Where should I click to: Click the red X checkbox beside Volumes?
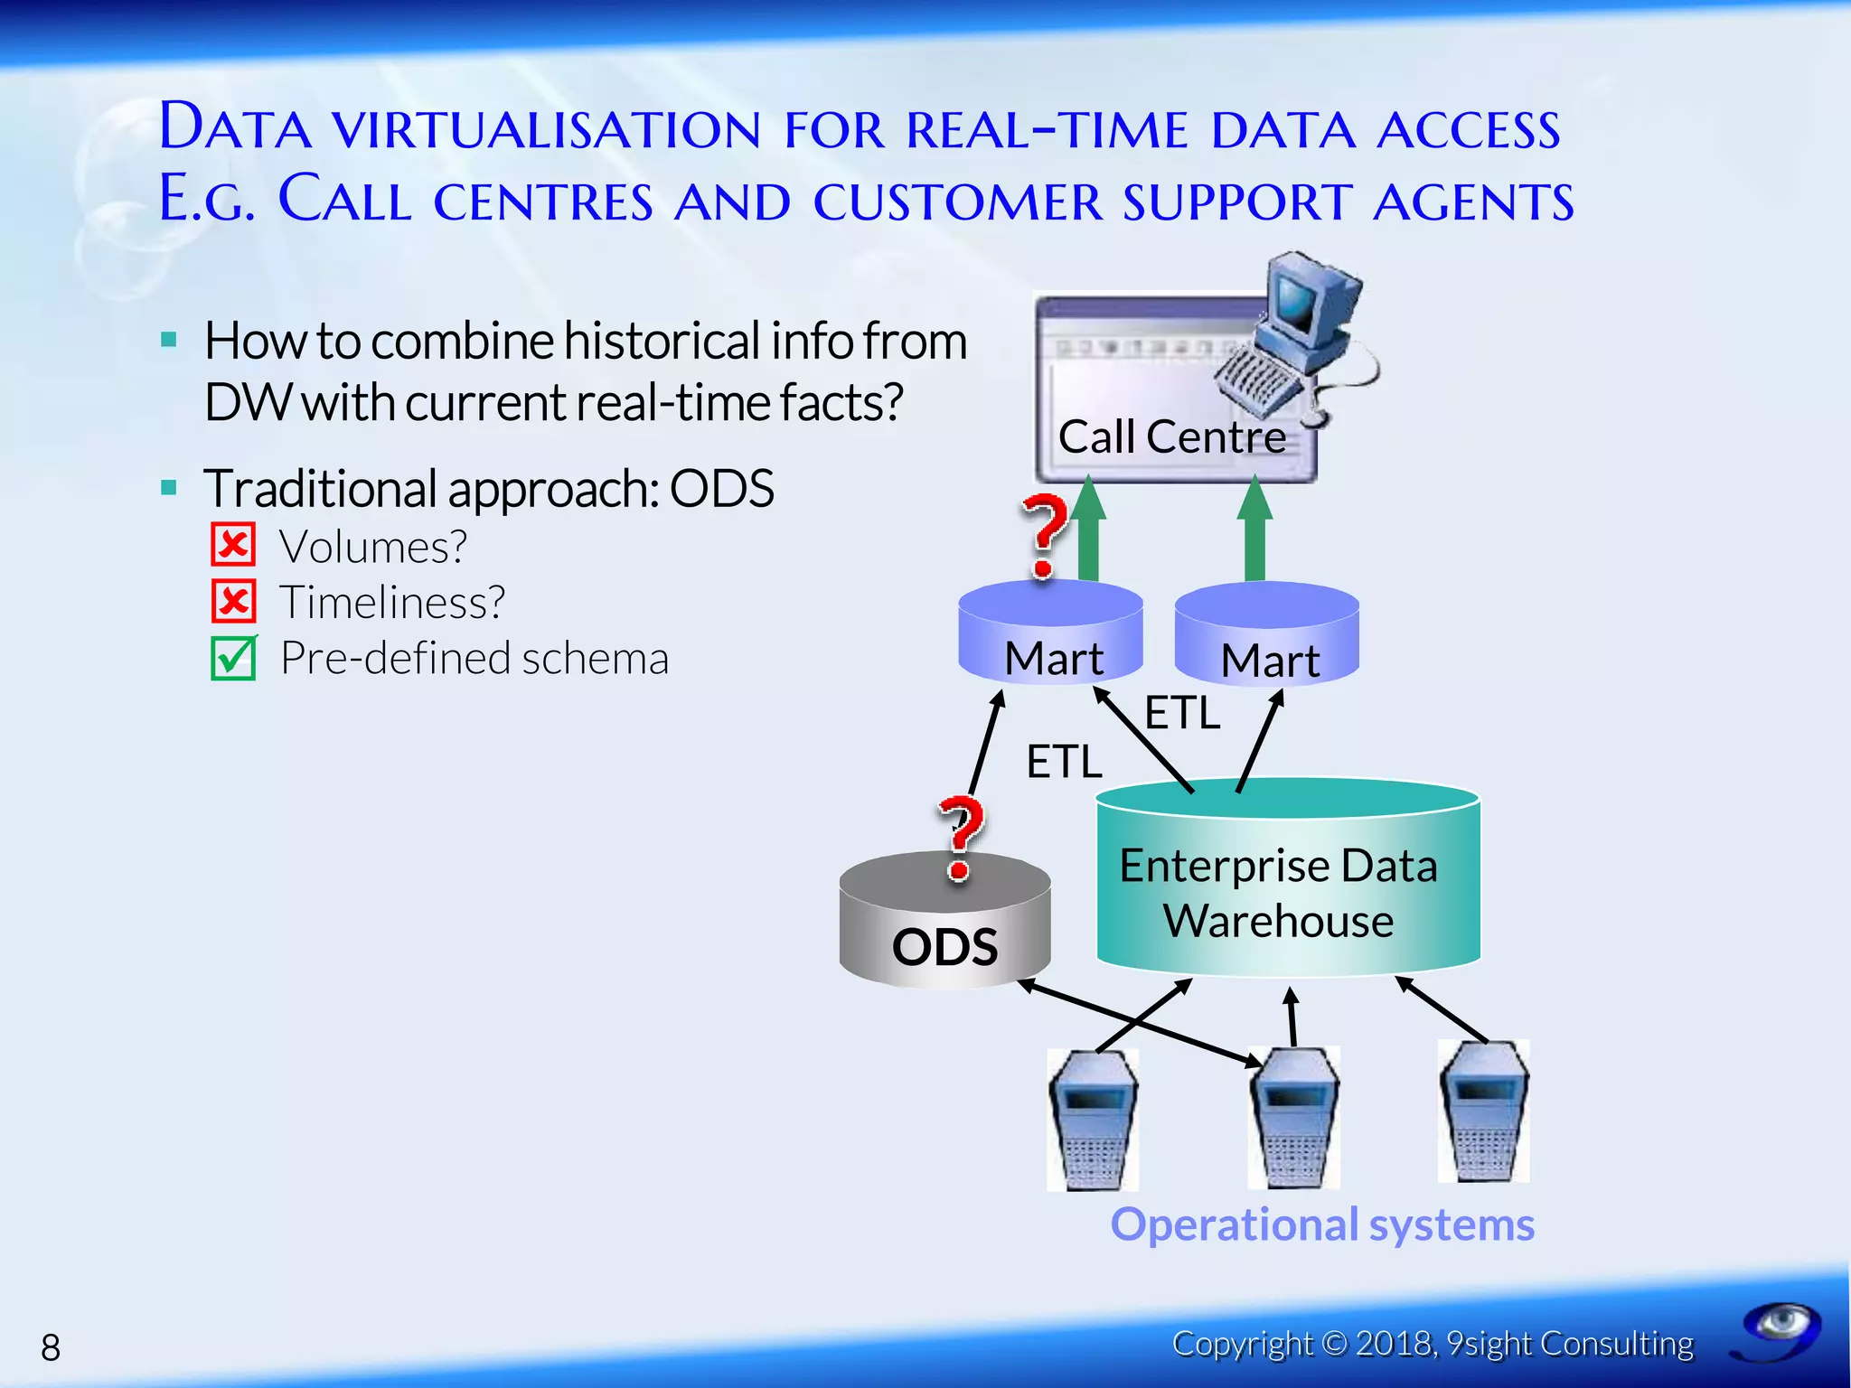[233, 545]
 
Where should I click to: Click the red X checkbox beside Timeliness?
[233, 601]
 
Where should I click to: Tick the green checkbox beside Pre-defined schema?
[233, 658]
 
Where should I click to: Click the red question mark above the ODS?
[960, 836]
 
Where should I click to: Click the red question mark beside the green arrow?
[1045, 533]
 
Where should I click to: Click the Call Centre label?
[1171, 437]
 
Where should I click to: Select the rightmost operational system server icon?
[1483, 1111]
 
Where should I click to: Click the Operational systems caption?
[1321, 1224]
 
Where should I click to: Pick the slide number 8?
[51, 1347]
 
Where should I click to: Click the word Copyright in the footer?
[1242, 1344]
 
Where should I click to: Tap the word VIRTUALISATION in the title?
[548, 129]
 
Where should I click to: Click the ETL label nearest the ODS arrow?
[1064, 761]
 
